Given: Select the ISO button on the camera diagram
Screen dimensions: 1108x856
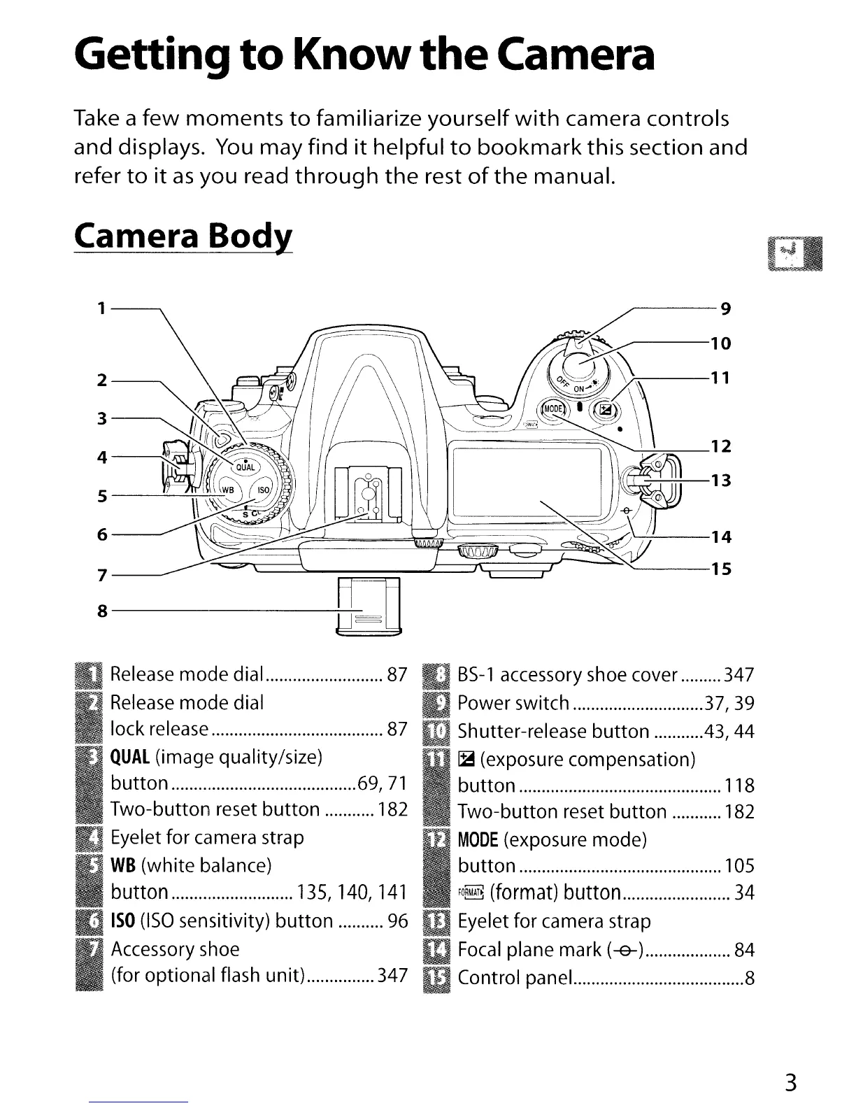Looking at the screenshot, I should point(264,490).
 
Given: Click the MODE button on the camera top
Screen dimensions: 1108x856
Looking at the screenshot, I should point(552,410).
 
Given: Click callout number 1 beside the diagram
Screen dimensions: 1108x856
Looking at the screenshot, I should point(102,308).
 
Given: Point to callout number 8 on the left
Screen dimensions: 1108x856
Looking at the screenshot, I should point(102,611).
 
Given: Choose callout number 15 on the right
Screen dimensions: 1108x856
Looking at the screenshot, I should point(721,569).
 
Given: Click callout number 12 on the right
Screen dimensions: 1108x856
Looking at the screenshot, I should point(721,446).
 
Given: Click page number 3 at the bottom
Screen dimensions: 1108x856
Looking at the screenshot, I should point(790,1082).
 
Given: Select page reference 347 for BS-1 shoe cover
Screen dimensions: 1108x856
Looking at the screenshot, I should point(739,675).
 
